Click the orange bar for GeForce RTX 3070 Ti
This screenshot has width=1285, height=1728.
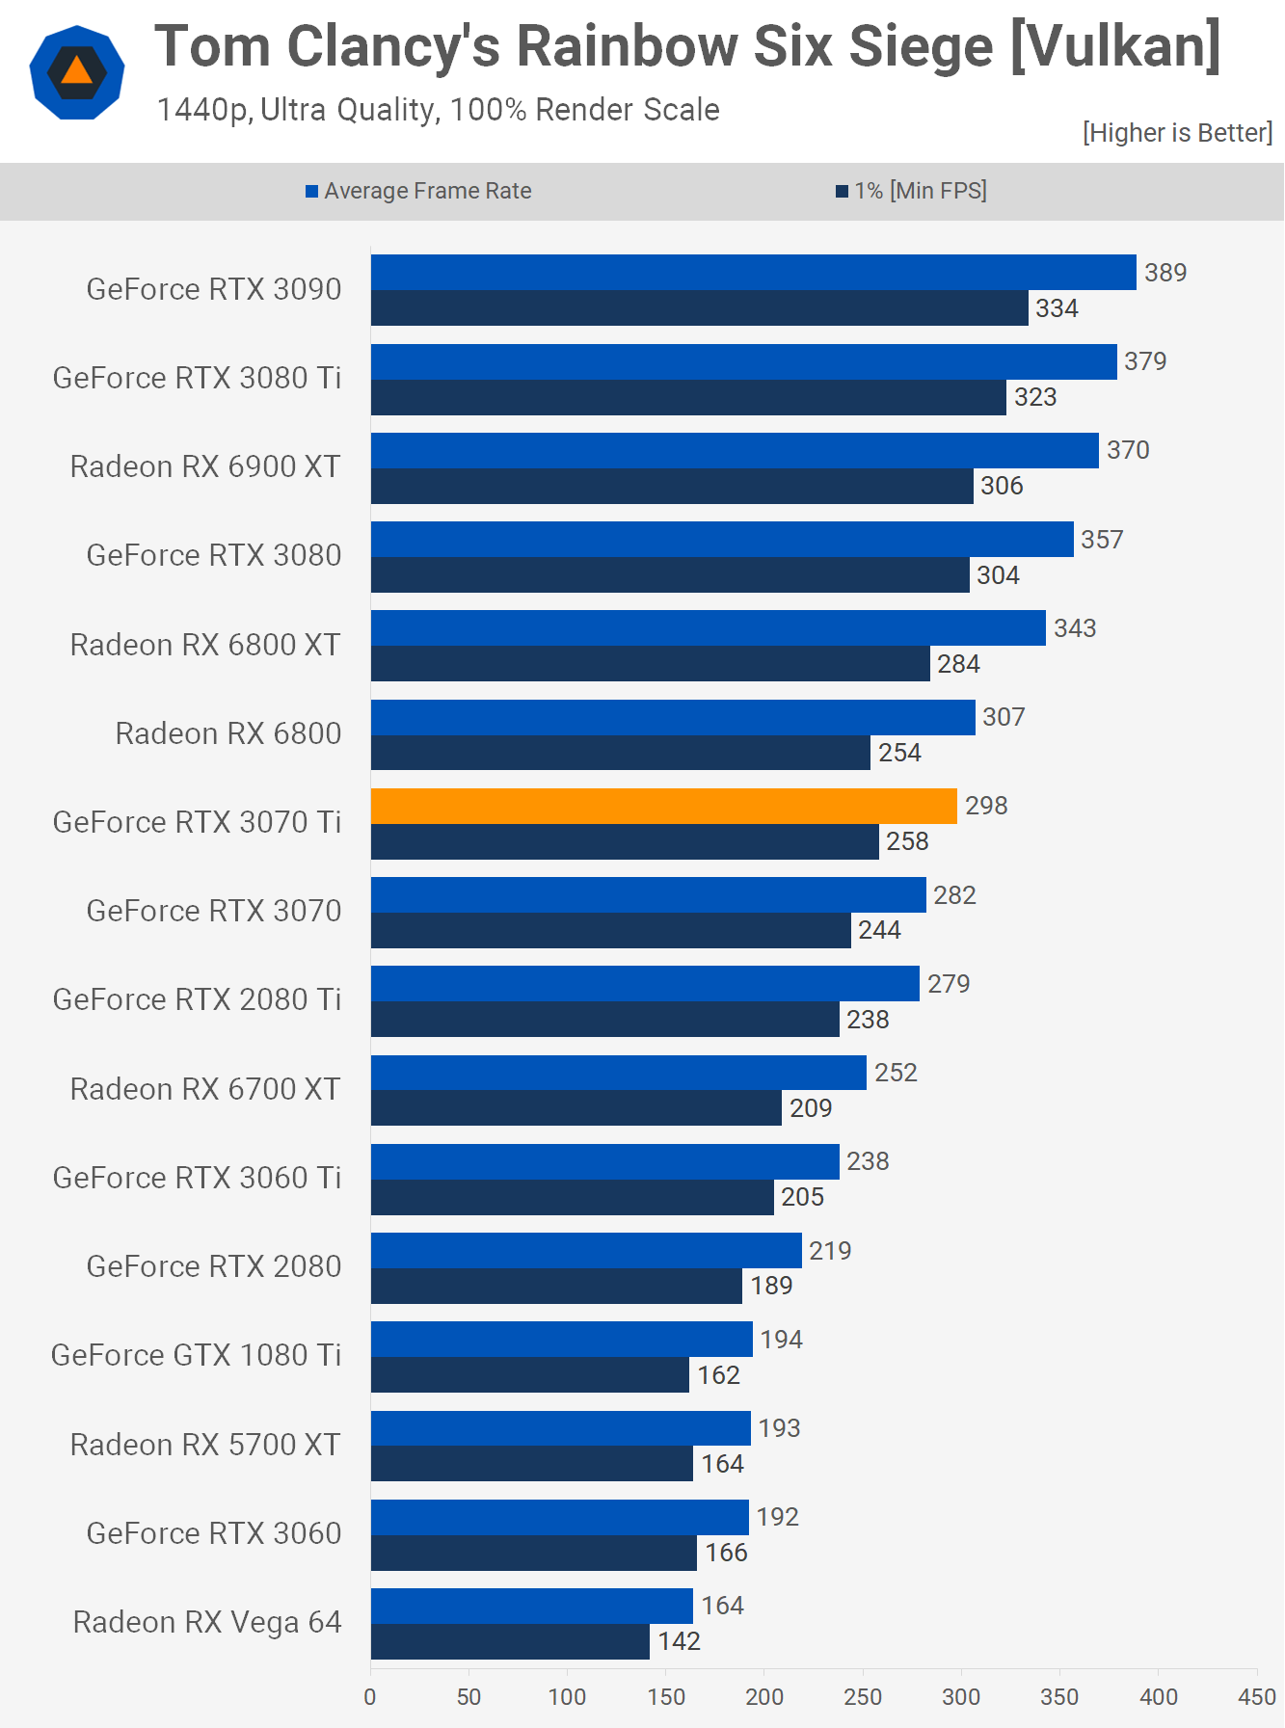tap(663, 807)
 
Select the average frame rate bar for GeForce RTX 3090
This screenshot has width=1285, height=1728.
tap(753, 273)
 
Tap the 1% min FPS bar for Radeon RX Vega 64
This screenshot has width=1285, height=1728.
tap(510, 1641)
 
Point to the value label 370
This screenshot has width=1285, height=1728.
tap(1128, 450)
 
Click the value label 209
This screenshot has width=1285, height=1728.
tap(811, 1108)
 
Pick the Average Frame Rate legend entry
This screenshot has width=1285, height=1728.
tap(418, 191)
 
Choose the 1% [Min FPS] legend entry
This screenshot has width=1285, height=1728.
tap(911, 191)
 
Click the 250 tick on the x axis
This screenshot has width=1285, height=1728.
tap(863, 1697)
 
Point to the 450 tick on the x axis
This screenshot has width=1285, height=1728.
tap(1257, 1697)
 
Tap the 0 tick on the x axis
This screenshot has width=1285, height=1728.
tap(370, 1697)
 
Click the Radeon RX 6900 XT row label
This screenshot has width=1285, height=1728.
tap(205, 466)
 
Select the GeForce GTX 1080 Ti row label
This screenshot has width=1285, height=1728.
tap(197, 1355)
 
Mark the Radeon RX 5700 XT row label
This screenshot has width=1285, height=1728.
tap(205, 1445)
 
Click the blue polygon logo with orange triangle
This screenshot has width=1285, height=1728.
tap(77, 72)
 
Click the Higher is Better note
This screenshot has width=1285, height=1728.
tap(1177, 133)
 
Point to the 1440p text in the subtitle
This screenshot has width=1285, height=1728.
tap(202, 110)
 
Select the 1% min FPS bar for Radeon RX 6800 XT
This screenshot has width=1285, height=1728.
tap(650, 664)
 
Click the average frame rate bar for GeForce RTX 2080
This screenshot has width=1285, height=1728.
tap(586, 1251)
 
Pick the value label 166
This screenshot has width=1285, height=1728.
tap(727, 1553)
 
